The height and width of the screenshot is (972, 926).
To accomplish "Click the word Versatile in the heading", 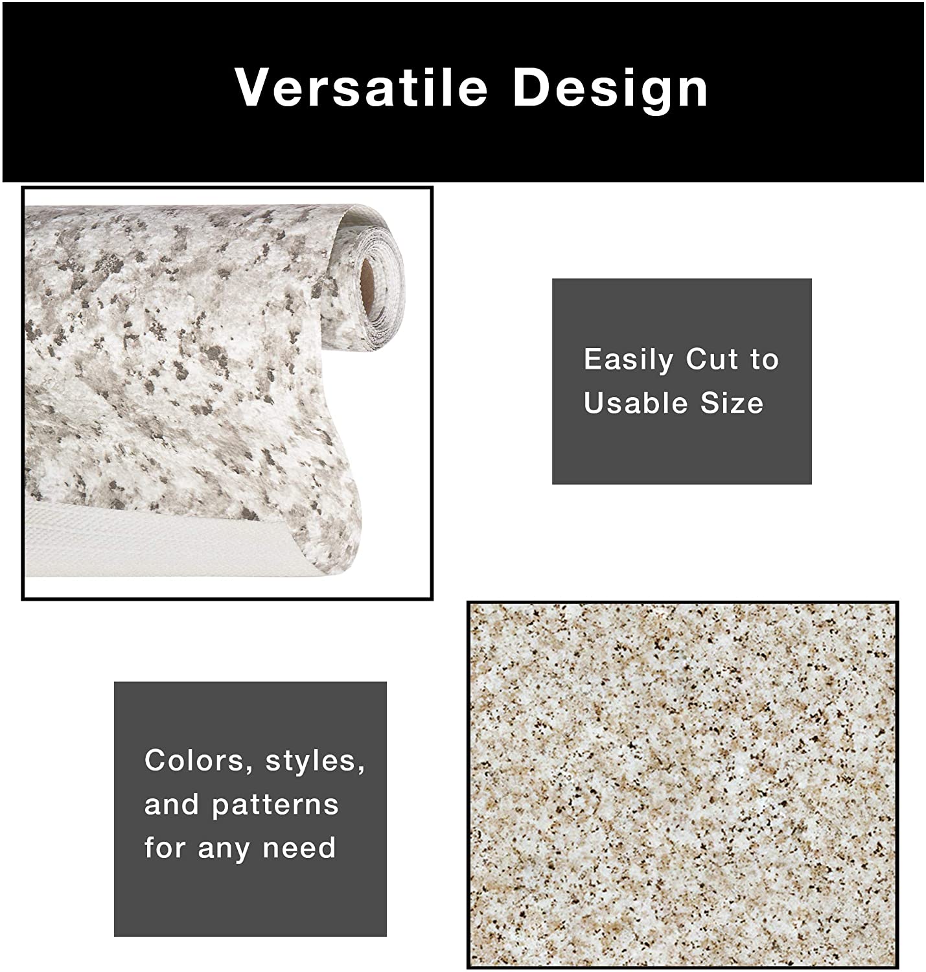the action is point(361,87).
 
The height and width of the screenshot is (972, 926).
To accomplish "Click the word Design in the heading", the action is point(610,90).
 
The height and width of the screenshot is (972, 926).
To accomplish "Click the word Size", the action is point(732,402).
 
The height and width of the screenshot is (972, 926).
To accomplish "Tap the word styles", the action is point(315,761).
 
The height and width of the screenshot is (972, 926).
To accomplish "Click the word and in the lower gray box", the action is point(171,804).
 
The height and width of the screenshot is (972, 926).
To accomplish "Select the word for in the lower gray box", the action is point(165,848).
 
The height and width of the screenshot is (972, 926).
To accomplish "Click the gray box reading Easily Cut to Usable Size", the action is point(682,381).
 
